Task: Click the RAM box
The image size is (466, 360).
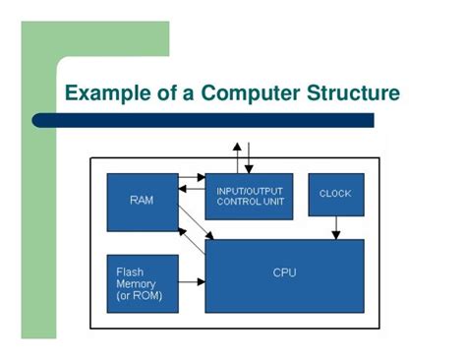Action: point(142,201)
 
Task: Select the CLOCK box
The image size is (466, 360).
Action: point(335,194)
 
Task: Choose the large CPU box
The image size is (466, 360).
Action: point(284,274)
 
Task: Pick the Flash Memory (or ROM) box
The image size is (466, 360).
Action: point(142,283)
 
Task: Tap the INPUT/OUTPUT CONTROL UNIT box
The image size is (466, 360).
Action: point(249,196)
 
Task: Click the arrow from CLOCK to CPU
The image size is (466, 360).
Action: point(335,227)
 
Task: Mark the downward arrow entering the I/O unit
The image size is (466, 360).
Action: point(249,157)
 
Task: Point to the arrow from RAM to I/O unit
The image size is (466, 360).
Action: point(192,179)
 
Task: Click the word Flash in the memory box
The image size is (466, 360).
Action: point(130,271)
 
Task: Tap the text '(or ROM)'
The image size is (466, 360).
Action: point(140,295)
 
